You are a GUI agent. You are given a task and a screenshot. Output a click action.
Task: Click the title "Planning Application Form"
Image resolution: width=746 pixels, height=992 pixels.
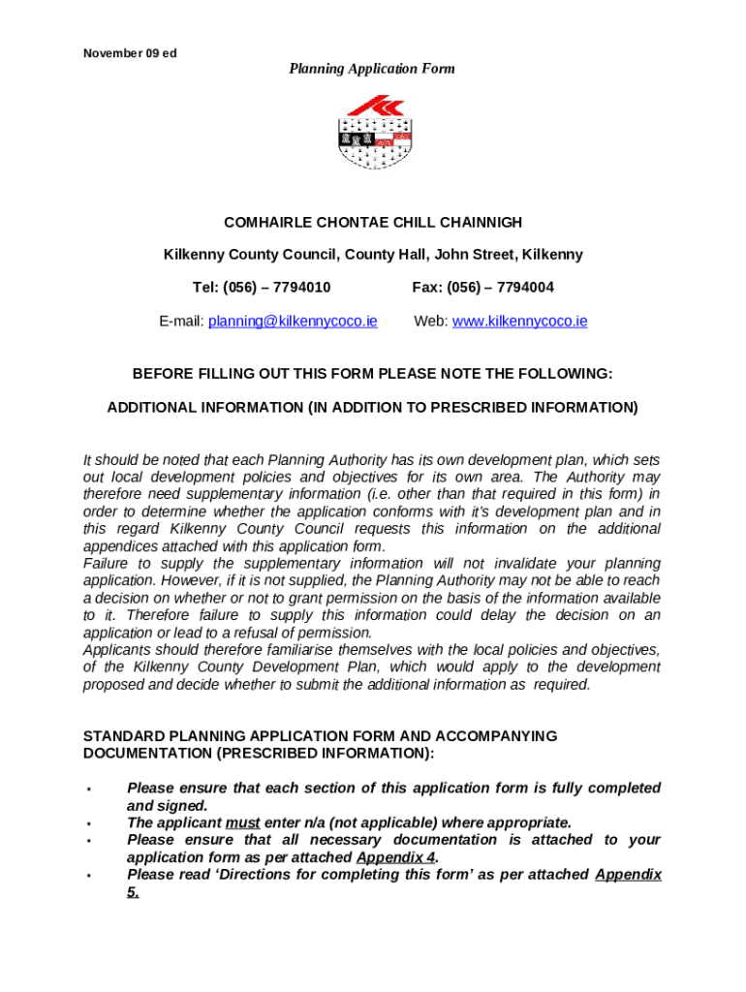(372, 69)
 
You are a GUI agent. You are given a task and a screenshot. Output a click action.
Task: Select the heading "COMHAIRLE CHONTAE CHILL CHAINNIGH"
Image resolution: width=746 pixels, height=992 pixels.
(373, 223)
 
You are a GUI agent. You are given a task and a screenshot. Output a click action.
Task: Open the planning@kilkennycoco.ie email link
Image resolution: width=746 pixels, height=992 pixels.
(292, 321)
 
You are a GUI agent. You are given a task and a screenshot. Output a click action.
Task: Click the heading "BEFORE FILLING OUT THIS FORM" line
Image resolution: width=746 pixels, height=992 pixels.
(373, 374)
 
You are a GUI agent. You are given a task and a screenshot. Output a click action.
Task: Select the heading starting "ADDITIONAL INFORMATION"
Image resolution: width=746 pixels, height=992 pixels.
(373, 408)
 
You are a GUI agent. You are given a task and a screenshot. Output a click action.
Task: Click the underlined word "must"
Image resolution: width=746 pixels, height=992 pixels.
(242, 822)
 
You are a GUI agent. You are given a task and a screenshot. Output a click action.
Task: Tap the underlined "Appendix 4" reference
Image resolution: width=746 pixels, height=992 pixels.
(395, 857)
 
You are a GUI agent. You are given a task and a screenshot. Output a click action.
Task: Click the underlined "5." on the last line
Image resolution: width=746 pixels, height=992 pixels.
(133, 892)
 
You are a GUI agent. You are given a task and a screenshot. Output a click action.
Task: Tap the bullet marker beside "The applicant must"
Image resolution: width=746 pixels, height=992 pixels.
(87, 823)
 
